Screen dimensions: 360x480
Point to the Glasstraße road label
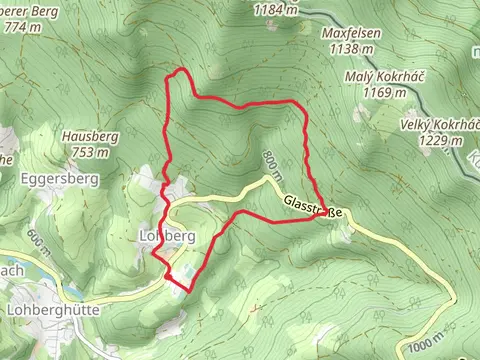tap(314, 206)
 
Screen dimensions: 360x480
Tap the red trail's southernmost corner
tap(187, 291)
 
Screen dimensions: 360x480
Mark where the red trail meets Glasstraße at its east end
tap(324, 216)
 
